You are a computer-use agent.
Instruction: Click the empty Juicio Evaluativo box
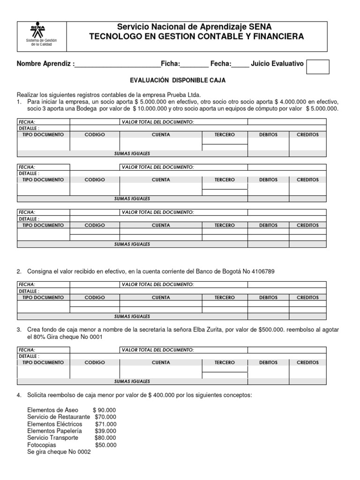(317, 67)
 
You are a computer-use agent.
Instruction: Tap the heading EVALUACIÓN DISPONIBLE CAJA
(178, 81)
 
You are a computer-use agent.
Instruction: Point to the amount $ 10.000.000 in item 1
(150, 109)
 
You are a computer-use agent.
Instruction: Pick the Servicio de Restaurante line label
(59, 417)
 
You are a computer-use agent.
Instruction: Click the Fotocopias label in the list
(42, 445)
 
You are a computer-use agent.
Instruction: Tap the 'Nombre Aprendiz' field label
(45, 64)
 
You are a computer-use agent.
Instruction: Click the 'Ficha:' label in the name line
(170, 64)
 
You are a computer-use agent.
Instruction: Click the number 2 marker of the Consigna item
(19, 272)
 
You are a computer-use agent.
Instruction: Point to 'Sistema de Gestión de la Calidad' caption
(41, 43)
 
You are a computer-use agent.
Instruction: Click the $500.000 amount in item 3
(271, 330)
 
